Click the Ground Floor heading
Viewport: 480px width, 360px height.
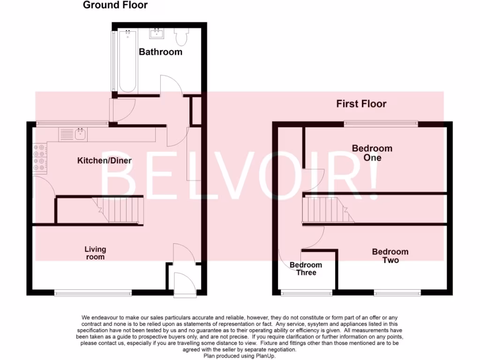point(115,6)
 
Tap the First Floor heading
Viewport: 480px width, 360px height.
point(361,104)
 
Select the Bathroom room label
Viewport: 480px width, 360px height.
point(160,52)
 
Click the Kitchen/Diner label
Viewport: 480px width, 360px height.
point(104,161)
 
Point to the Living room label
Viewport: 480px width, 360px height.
point(95,253)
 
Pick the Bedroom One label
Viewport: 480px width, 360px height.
point(372,153)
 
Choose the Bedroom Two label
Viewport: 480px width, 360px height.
point(390,256)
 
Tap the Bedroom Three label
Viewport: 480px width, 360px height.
point(306,269)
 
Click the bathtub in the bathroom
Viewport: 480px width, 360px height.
point(127,61)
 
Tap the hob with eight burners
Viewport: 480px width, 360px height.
point(40,157)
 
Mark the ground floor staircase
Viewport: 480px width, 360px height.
point(117,210)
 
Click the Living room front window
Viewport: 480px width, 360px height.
point(93,293)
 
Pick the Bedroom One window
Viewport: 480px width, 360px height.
point(381,124)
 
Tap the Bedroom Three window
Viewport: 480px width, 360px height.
point(306,293)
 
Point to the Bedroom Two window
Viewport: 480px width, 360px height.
point(397,293)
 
